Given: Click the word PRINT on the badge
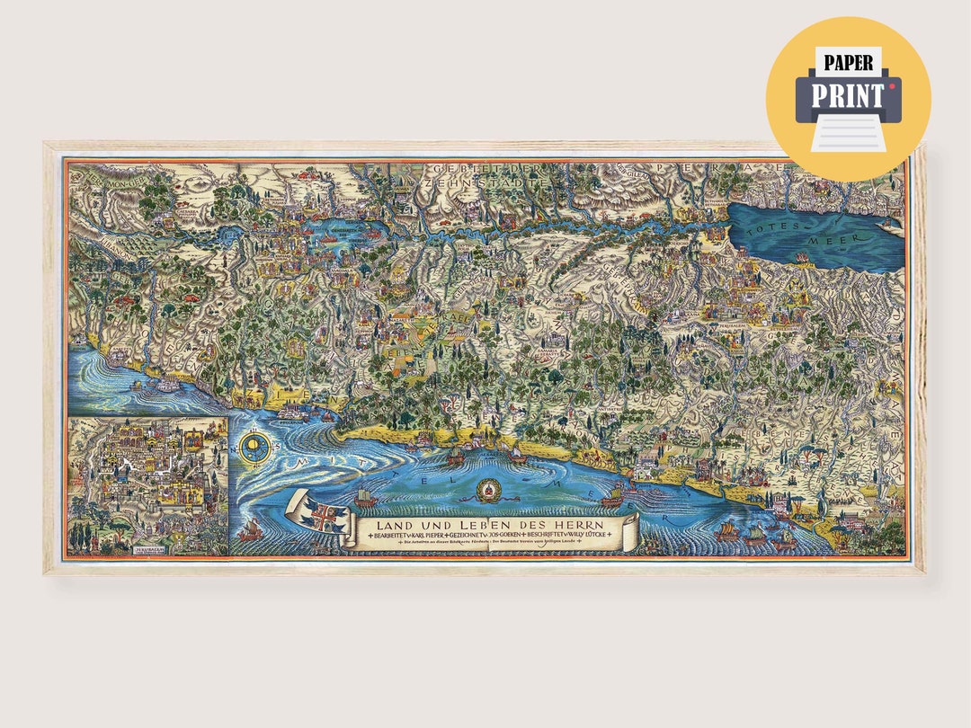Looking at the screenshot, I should pyautogui.click(x=849, y=94).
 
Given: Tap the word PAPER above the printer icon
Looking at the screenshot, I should pyautogui.click(x=849, y=62).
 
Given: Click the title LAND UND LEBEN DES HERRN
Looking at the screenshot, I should pyautogui.click(x=490, y=525).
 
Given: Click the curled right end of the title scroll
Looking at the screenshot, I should pyautogui.click(x=631, y=528).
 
